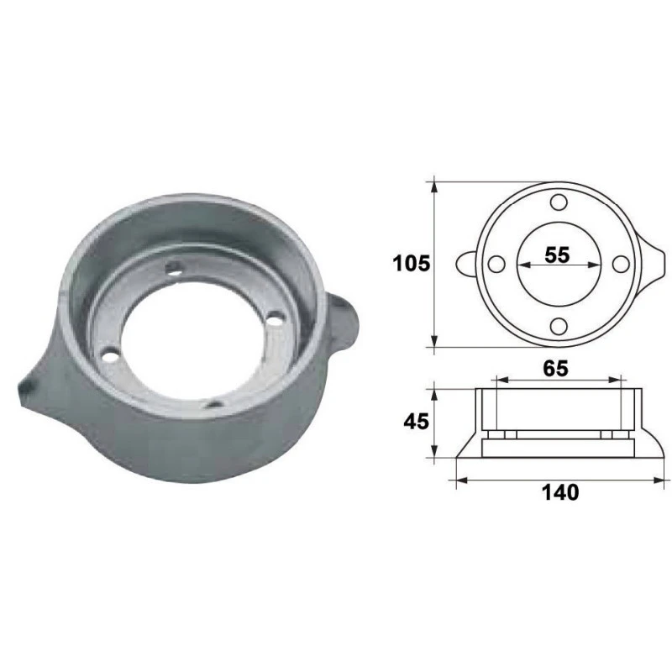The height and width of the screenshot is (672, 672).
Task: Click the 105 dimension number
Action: tap(412, 263)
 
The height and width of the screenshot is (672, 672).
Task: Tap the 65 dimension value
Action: tap(556, 367)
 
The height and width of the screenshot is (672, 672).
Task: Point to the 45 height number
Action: tap(412, 422)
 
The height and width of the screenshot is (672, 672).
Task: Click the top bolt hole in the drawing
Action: tap(559, 202)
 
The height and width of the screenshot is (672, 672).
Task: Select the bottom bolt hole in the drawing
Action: tap(559, 326)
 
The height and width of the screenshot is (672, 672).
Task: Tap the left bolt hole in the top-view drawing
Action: tap(496, 264)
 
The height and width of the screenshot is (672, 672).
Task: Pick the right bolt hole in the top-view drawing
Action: tap(620, 264)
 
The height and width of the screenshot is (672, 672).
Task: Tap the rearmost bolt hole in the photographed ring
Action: tap(175, 268)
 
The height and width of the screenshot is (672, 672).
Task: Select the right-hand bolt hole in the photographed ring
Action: tap(274, 320)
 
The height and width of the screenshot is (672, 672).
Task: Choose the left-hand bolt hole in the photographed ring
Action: tap(107, 356)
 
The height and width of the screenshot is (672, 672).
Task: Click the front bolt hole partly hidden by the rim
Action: tap(217, 403)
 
